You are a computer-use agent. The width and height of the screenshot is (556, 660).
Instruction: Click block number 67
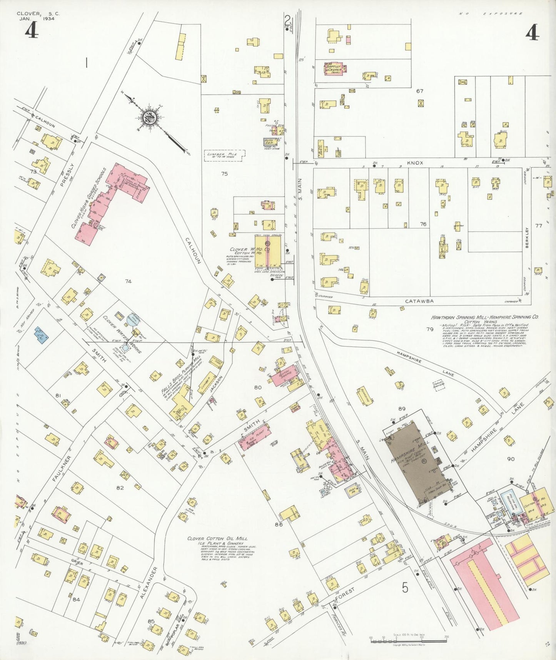pos(419,91)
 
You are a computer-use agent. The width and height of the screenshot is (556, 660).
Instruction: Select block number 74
pos(128,281)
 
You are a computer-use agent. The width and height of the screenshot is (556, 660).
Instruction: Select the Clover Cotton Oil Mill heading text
pos(217,538)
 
